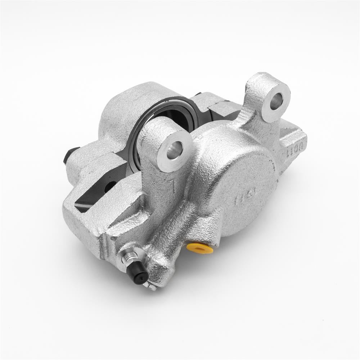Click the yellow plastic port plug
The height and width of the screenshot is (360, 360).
click(x=200, y=248)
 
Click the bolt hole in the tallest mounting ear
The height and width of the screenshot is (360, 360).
click(x=275, y=102)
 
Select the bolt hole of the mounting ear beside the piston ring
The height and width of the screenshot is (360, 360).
click(x=174, y=150)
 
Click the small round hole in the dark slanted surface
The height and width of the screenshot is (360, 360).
click(x=110, y=186)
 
